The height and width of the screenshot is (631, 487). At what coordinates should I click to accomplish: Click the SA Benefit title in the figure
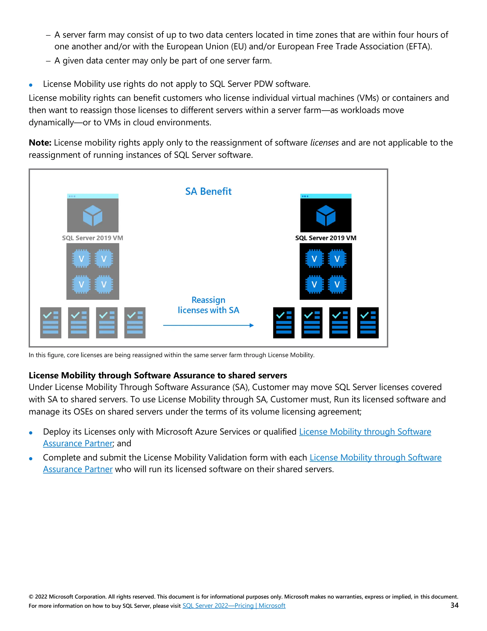208,191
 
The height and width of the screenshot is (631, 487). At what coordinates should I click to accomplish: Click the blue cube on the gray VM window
93,215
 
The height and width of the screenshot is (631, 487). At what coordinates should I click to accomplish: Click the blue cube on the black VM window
326,215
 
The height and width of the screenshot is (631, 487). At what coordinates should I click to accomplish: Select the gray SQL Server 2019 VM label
93,238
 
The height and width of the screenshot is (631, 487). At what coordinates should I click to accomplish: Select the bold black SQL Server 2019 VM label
326,238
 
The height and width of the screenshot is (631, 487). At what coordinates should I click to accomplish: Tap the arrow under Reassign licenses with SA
208,325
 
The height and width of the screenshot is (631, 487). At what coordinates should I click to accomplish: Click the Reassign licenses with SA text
208,305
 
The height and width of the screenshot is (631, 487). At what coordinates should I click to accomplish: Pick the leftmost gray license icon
51,323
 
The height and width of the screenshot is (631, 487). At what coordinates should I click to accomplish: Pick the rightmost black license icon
368,323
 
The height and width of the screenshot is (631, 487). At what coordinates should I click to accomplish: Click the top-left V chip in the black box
314,259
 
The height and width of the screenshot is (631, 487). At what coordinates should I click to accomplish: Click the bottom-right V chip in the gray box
104,284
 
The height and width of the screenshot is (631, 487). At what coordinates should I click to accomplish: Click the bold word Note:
40,143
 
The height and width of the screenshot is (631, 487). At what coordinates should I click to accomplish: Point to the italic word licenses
324,143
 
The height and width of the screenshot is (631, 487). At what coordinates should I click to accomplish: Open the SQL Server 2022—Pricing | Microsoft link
234,606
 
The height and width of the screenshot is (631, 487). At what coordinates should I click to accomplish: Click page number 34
454,605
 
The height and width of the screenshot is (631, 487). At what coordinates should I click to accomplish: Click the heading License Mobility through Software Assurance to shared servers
158,375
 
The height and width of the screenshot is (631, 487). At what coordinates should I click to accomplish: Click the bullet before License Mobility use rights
31,85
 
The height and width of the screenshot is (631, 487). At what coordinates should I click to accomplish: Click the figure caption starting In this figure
171,355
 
